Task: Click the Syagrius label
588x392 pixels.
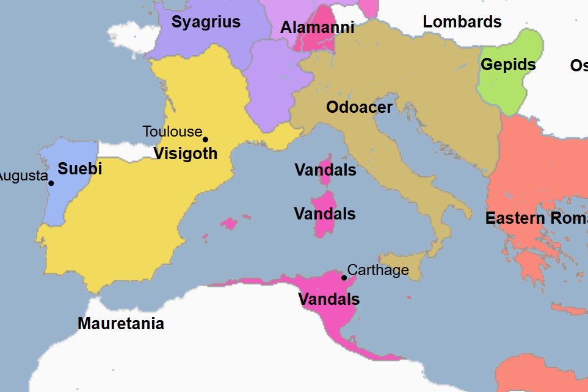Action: pos(206,23)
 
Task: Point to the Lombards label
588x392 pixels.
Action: pos(462,22)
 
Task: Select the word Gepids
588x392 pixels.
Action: pos(508,65)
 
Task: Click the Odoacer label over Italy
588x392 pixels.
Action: pos(359,107)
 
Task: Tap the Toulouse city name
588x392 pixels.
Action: pos(172,131)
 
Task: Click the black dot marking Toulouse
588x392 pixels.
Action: pos(205,140)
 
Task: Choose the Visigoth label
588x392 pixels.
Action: pos(185,154)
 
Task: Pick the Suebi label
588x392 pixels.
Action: pos(80,169)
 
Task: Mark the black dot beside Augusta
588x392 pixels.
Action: pos(51,183)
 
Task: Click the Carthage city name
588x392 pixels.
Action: pos(378,269)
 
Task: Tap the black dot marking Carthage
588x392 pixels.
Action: pos(344,277)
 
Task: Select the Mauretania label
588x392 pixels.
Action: pos(121,324)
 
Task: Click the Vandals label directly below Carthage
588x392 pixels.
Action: pos(328,299)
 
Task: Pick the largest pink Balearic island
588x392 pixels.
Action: pos(230,223)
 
